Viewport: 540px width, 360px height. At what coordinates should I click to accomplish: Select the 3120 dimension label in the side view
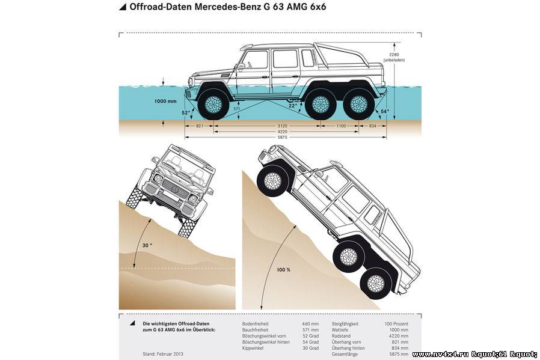pos(282,126)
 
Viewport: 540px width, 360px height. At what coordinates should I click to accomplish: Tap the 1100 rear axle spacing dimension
pos(341,126)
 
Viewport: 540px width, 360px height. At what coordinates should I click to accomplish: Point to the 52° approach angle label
pos(186,112)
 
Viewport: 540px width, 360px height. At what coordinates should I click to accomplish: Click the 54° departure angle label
pos(385,112)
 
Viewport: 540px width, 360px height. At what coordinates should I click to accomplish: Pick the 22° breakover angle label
pos(293,106)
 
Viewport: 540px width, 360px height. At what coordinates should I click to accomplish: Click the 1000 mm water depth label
pos(165,101)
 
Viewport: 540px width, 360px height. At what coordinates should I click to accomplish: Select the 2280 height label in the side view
pos(394,54)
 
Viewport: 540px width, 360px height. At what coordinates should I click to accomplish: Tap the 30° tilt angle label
pos(147,245)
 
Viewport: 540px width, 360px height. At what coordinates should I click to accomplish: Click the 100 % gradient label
pos(283,270)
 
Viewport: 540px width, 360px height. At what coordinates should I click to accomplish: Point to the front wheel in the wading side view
pos(213,104)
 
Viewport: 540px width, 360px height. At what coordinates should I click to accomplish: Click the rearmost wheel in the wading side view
pos(359,104)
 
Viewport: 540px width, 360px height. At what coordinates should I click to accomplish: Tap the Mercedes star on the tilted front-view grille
pos(176,190)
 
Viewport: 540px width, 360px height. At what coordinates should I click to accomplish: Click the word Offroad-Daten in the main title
pos(160,7)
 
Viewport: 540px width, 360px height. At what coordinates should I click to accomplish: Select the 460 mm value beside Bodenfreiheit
pos(310,324)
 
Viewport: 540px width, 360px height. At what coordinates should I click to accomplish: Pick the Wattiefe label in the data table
pos(340,330)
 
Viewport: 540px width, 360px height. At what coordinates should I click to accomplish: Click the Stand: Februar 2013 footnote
pos(163,354)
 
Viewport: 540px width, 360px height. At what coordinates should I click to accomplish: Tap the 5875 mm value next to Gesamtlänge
pos(399,354)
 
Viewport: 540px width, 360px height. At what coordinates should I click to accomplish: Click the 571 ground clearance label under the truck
pos(236,109)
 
